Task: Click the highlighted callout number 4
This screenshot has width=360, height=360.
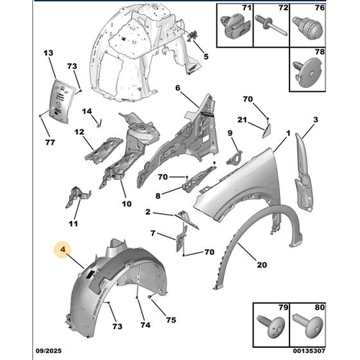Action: pos(63,251)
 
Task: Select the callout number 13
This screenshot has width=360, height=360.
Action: pos(49,55)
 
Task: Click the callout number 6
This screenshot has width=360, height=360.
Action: pos(176,89)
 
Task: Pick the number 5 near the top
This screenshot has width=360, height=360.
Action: pos(204,57)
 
